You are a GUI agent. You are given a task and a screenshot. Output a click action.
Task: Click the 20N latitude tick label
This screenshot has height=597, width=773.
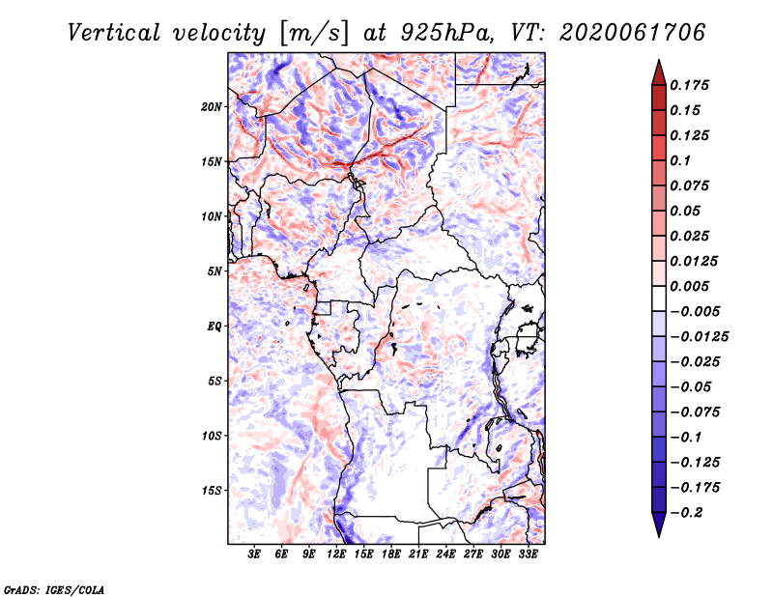tap(212, 107)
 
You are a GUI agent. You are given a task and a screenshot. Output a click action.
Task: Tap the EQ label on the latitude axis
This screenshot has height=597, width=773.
tap(215, 327)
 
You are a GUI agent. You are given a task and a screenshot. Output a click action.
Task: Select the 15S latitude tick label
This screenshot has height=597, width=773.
tap(212, 491)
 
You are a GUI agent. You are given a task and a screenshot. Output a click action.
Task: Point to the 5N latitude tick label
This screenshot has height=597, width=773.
tap(215, 271)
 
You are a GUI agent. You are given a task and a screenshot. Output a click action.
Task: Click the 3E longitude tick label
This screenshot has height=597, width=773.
tap(254, 554)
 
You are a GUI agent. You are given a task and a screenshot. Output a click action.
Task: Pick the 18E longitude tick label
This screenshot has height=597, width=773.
tap(391, 554)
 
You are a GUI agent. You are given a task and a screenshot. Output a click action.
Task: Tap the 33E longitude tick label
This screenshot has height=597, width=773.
tap(528, 554)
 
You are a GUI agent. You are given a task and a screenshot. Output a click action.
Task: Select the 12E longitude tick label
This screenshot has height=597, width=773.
tap(336, 554)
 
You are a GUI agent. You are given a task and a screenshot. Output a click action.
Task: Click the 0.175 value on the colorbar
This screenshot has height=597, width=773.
tap(689, 85)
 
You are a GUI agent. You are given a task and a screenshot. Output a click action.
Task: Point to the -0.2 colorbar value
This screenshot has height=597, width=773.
tap(686, 513)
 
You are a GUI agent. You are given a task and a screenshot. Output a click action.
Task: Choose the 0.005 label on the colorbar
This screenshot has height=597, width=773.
tap(689, 286)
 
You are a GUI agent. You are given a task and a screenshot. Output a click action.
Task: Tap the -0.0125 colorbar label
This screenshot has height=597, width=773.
tap(699, 337)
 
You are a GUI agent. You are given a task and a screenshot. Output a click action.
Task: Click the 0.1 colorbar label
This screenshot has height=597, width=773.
tap(680, 160)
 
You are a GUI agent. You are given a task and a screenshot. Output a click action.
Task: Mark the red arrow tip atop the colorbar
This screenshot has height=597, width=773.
tap(659, 60)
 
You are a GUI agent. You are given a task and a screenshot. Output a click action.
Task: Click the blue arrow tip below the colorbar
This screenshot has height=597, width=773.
tap(659, 536)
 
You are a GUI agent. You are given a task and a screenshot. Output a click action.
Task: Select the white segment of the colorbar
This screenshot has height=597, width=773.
tap(659, 298)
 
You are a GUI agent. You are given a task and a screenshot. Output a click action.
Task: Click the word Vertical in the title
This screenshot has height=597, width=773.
tap(113, 33)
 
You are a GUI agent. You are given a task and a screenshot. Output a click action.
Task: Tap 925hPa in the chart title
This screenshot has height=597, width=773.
tap(447, 33)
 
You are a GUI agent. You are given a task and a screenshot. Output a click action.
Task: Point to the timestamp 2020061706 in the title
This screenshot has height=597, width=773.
tap(633, 33)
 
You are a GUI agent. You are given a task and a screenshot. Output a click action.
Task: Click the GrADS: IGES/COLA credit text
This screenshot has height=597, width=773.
tap(54, 589)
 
